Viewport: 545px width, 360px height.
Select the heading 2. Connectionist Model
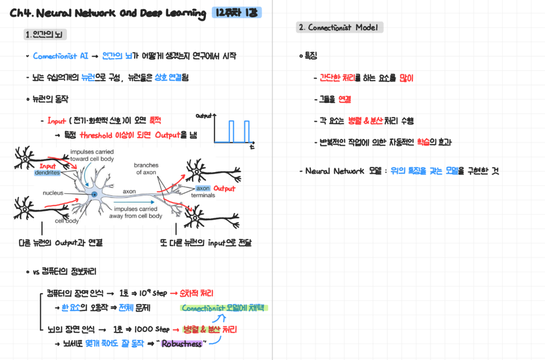[x=339, y=28]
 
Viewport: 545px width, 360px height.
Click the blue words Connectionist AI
[x=61, y=56]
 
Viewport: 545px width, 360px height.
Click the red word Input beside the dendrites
[x=48, y=166]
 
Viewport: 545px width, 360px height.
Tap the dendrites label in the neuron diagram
[x=47, y=173]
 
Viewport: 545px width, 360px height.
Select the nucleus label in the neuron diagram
[x=53, y=193]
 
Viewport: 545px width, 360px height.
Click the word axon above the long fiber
[x=129, y=191]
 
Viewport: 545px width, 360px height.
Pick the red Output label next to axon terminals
[x=224, y=189]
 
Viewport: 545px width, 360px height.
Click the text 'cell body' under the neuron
[x=67, y=220]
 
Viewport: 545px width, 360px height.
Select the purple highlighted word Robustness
[x=182, y=344]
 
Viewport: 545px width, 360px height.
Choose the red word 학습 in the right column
[x=423, y=142]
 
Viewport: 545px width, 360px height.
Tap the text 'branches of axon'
[x=146, y=169]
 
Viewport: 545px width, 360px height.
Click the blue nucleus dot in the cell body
[x=93, y=194]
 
